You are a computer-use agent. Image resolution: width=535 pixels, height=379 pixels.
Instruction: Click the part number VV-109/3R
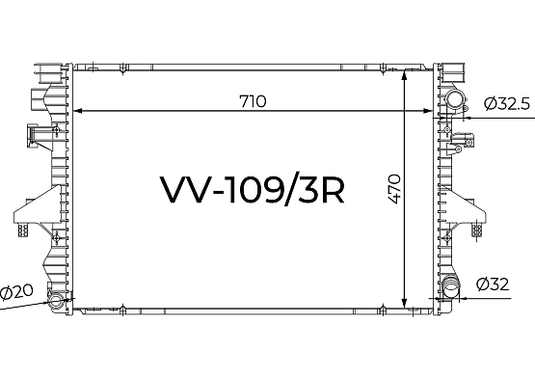pyautogui.click(x=253, y=189)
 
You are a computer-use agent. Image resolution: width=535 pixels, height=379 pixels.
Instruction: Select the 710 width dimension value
pyautogui.click(x=253, y=101)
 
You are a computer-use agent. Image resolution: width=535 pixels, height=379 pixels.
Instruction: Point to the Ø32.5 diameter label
pyautogui.click(x=507, y=104)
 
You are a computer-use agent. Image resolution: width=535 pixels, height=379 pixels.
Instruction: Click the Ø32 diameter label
pyautogui.click(x=493, y=284)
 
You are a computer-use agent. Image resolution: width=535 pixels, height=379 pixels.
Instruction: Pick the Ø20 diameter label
pyautogui.click(x=16, y=292)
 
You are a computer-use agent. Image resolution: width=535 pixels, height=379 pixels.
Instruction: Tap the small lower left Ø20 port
pyautogui.click(x=56, y=301)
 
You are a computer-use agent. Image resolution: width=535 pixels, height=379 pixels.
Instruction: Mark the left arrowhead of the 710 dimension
pyautogui.click(x=78, y=111)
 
